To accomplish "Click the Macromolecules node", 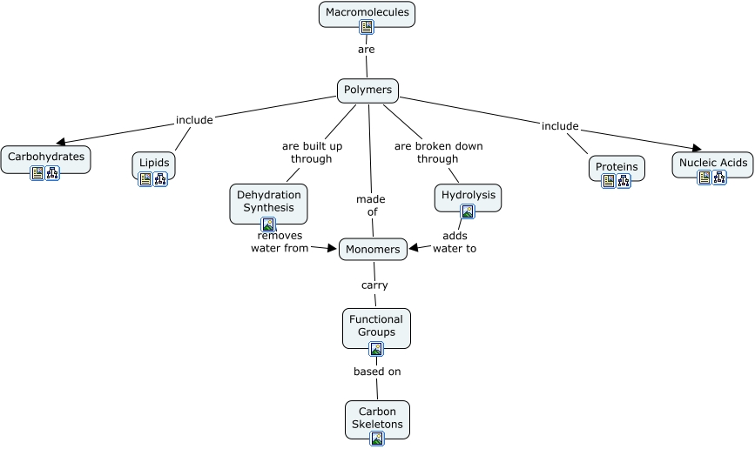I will tap(367, 12).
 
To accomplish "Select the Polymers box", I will tap(367, 90).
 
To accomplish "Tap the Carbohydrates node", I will tap(46, 157).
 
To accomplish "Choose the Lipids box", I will tap(154, 163).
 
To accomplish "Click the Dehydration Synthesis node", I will tap(268, 201).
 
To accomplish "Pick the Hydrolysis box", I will tap(468, 195).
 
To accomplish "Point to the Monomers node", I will tap(373, 249).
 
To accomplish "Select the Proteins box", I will tap(617, 166).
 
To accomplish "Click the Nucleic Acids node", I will tap(712, 163).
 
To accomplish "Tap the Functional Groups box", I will tap(376, 325).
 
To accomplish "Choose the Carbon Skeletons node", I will tap(377, 418).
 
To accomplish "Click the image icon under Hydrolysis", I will tap(468, 211).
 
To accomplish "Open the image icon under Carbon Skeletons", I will tap(377, 439).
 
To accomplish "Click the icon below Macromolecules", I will tap(367, 27).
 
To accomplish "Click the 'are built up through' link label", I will tap(312, 152).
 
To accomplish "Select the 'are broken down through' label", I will tap(438, 152).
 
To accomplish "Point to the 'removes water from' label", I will tap(280, 242).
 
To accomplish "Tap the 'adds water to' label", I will tap(455, 242).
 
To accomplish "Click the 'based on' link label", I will tap(377, 372).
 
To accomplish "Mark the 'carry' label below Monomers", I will tap(374, 285).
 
